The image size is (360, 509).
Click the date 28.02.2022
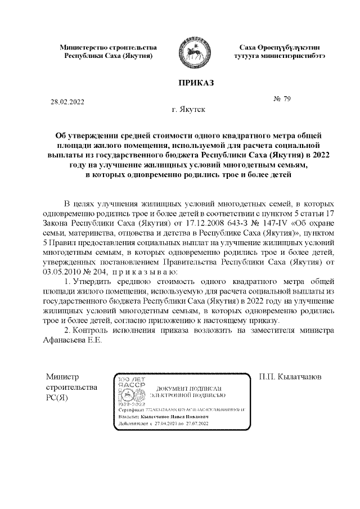[x=67, y=102]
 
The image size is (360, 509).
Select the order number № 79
[x=282, y=99]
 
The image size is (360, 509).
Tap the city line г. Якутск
[x=188, y=109]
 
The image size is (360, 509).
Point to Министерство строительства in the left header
[x=108, y=48]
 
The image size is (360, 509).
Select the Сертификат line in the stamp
[x=181, y=411]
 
